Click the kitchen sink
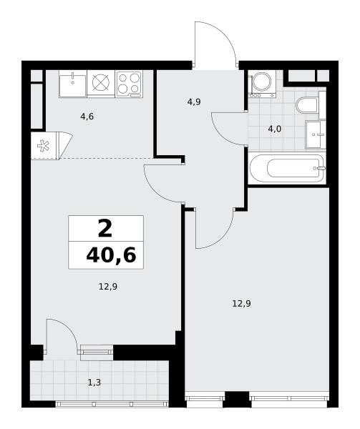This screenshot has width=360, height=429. point(72,84)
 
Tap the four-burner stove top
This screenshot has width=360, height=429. point(130,84)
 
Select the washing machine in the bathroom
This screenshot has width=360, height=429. point(262,84)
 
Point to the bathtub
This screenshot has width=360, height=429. point(287,169)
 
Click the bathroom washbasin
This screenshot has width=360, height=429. point(316,134)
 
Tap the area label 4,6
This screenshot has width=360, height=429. point(87,117)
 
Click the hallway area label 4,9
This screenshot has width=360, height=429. point(194,102)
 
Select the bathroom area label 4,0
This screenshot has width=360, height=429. point(275,129)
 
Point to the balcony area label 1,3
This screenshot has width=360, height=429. point(94,383)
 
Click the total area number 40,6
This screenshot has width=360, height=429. point(111,255)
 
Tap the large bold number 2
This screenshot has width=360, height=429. point(105,229)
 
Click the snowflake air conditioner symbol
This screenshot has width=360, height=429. point(43,146)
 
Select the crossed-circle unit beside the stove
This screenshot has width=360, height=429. point(101,83)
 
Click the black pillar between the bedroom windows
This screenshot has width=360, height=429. point(237,399)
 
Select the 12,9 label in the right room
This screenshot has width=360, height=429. point(241,303)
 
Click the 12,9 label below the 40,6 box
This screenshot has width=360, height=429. point(108,287)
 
